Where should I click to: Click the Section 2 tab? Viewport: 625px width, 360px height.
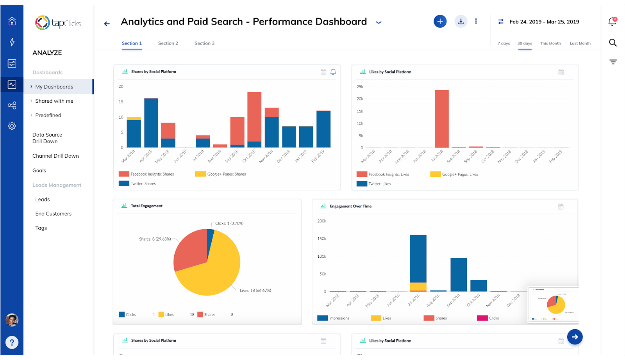[x=168, y=43]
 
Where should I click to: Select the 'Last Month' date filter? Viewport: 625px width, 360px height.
[x=580, y=43]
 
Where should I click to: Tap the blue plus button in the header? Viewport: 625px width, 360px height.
[x=440, y=21]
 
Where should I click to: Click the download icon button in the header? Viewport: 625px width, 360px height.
[x=461, y=21]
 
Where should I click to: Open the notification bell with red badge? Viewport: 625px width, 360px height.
[x=612, y=21]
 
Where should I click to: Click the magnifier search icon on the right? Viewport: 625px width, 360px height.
[x=613, y=43]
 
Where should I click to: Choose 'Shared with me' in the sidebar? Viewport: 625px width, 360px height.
[x=54, y=101]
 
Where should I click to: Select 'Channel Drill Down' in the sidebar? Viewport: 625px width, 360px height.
[x=55, y=156]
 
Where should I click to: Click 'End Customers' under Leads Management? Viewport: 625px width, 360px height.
[x=54, y=214]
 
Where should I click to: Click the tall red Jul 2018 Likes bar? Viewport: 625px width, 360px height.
[x=441, y=119]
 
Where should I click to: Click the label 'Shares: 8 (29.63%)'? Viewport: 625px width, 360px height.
[x=155, y=239]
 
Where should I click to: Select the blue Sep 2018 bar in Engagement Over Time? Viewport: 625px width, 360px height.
[x=458, y=274]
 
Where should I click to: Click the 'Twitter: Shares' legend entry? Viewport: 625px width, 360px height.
[x=138, y=184]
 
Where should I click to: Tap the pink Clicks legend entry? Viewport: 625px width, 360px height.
[x=488, y=318]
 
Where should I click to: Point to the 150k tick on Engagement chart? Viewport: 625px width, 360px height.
[x=321, y=239]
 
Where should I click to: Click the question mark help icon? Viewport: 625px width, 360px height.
[x=12, y=342]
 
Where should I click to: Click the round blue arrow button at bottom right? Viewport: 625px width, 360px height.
[x=575, y=337]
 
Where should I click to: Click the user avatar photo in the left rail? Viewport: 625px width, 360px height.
[x=12, y=320]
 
